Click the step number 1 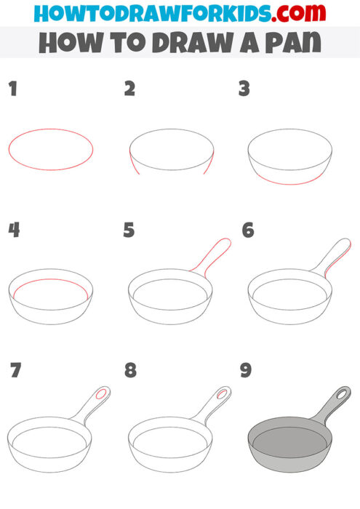(12, 89)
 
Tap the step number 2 (130, 89)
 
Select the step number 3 (244, 89)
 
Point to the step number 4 (14, 231)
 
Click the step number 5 (129, 231)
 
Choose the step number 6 (248, 231)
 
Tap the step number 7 (15, 370)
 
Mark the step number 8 (130, 370)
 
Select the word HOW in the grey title (62, 42)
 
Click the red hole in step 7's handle (102, 395)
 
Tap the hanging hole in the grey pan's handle (340, 396)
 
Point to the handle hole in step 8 (221, 395)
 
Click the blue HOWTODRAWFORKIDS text (145, 12)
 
